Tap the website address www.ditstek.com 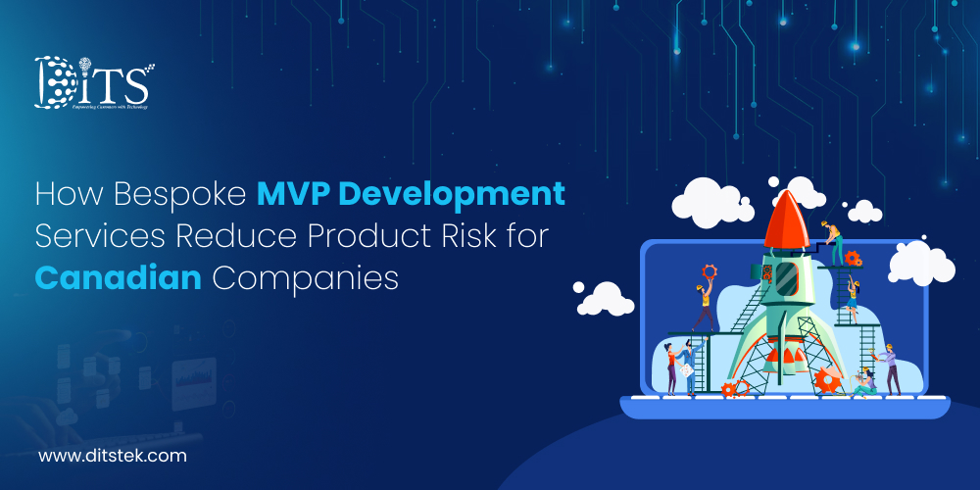coord(112,455)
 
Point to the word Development coord(457,194)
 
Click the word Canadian coord(118,277)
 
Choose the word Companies coord(306,277)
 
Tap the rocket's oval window coord(785,275)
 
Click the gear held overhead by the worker coord(710,273)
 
